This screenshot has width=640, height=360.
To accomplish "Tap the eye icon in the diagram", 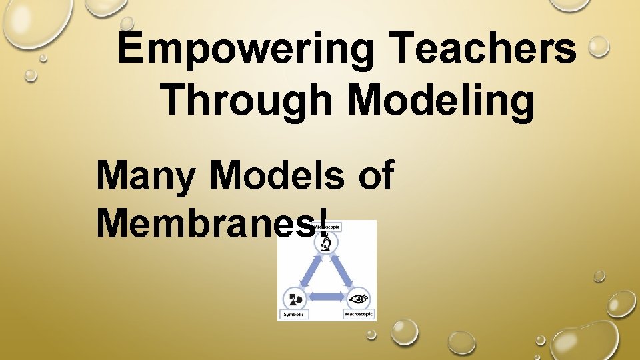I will pos(359,297).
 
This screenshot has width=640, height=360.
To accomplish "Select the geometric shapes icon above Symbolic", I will pos(295,297).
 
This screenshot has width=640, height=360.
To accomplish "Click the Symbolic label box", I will pos(294,313).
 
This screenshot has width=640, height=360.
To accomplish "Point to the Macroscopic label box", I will pos(359,313).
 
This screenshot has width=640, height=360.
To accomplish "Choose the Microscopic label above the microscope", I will pos(330,227).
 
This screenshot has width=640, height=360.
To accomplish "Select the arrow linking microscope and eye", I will pos(344,271).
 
